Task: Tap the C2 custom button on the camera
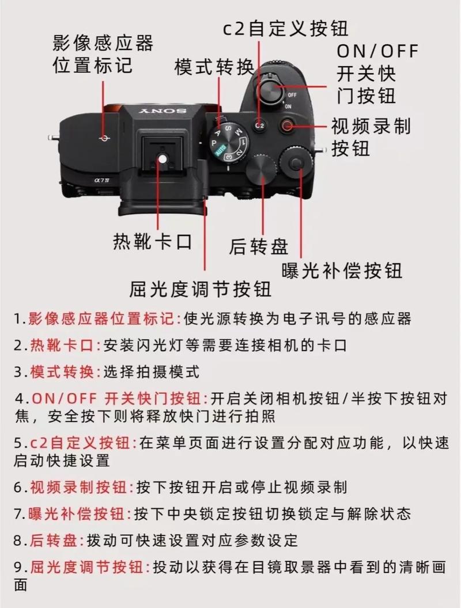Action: pos(259,124)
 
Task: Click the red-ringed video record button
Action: pos(287,124)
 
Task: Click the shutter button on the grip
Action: pos(270,89)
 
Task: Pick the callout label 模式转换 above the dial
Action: pos(214,67)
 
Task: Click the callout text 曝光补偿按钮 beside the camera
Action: pos(342,269)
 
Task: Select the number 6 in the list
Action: pos(18,488)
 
